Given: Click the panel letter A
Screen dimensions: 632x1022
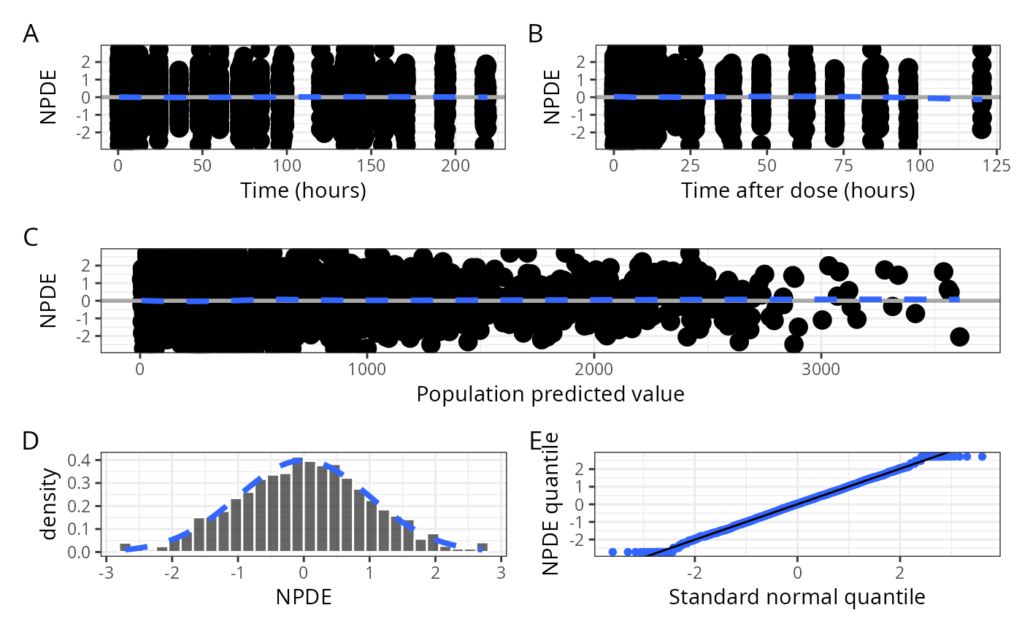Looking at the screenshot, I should point(31,34).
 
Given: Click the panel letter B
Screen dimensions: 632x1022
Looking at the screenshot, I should point(535,34).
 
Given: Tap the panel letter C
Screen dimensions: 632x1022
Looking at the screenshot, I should point(31,237).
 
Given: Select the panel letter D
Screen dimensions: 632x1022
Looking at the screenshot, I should point(31,441).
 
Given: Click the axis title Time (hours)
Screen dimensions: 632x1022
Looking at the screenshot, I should point(303,191).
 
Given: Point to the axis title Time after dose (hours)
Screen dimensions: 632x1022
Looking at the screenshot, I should point(798,191).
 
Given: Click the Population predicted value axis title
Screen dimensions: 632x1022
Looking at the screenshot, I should point(550,394).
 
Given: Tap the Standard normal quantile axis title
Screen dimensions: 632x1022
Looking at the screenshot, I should point(797,597).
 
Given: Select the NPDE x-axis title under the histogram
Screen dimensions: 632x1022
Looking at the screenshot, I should point(304,597).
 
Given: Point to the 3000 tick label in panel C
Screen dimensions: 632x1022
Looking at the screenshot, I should point(821,369).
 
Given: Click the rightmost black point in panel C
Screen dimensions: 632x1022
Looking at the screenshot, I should point(959,336).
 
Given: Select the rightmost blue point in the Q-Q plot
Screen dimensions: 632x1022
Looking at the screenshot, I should point(982,456).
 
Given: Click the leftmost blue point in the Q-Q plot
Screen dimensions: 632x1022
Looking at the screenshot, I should point(612,552).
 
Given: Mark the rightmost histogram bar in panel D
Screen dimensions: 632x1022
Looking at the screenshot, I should point(482,547).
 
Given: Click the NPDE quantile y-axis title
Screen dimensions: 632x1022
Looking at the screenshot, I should point(552,504).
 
